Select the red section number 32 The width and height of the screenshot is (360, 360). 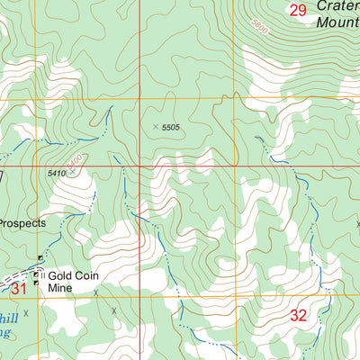click(300, 315)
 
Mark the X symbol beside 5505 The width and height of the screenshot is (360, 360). click(156, 127)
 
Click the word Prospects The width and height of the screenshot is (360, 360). click(22, 222)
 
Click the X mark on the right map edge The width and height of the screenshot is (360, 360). click(357, 224)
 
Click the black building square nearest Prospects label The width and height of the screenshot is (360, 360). click(40, 257)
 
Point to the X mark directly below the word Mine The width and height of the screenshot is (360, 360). click(94, 292)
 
